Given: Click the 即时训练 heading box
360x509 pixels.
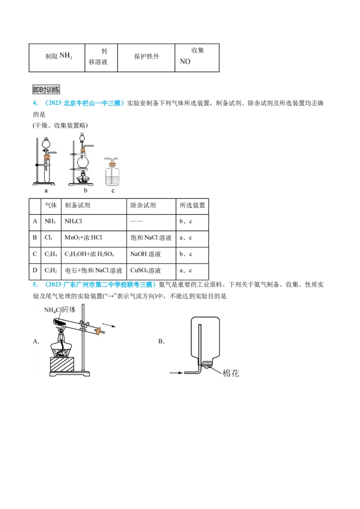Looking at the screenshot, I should [x=46, y=89].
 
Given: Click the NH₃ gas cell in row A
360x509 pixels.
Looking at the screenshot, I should [x=50, y=221].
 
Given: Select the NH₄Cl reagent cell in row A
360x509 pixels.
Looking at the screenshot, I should [x=94, y=221].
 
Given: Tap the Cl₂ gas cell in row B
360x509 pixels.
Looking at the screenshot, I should [x=50, y=237].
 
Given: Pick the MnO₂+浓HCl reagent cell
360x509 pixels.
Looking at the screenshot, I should [x=94, y=237].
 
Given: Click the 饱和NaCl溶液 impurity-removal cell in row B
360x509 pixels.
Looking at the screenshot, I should [x=151, y=237].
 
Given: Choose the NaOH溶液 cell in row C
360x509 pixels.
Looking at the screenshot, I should [x=151, y=254].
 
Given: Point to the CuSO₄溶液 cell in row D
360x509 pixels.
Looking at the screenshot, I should [x=151, y=270].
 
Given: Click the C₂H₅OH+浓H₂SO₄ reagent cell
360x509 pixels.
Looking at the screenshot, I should [x=94, y=254].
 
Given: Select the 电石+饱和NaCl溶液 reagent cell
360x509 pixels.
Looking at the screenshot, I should [x=94, y=270].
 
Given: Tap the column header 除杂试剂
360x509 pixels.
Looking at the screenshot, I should [x=151, y=205].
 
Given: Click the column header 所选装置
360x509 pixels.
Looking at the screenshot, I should [x=192, y=205].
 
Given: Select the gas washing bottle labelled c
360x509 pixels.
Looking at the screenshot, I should [x=113, y=173].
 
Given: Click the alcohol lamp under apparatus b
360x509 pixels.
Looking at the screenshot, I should [x=82, y=179].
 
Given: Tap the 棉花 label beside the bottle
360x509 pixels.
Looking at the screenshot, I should [x=231, y=373].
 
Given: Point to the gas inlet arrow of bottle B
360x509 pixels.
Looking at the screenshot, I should [x=176, y=373].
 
